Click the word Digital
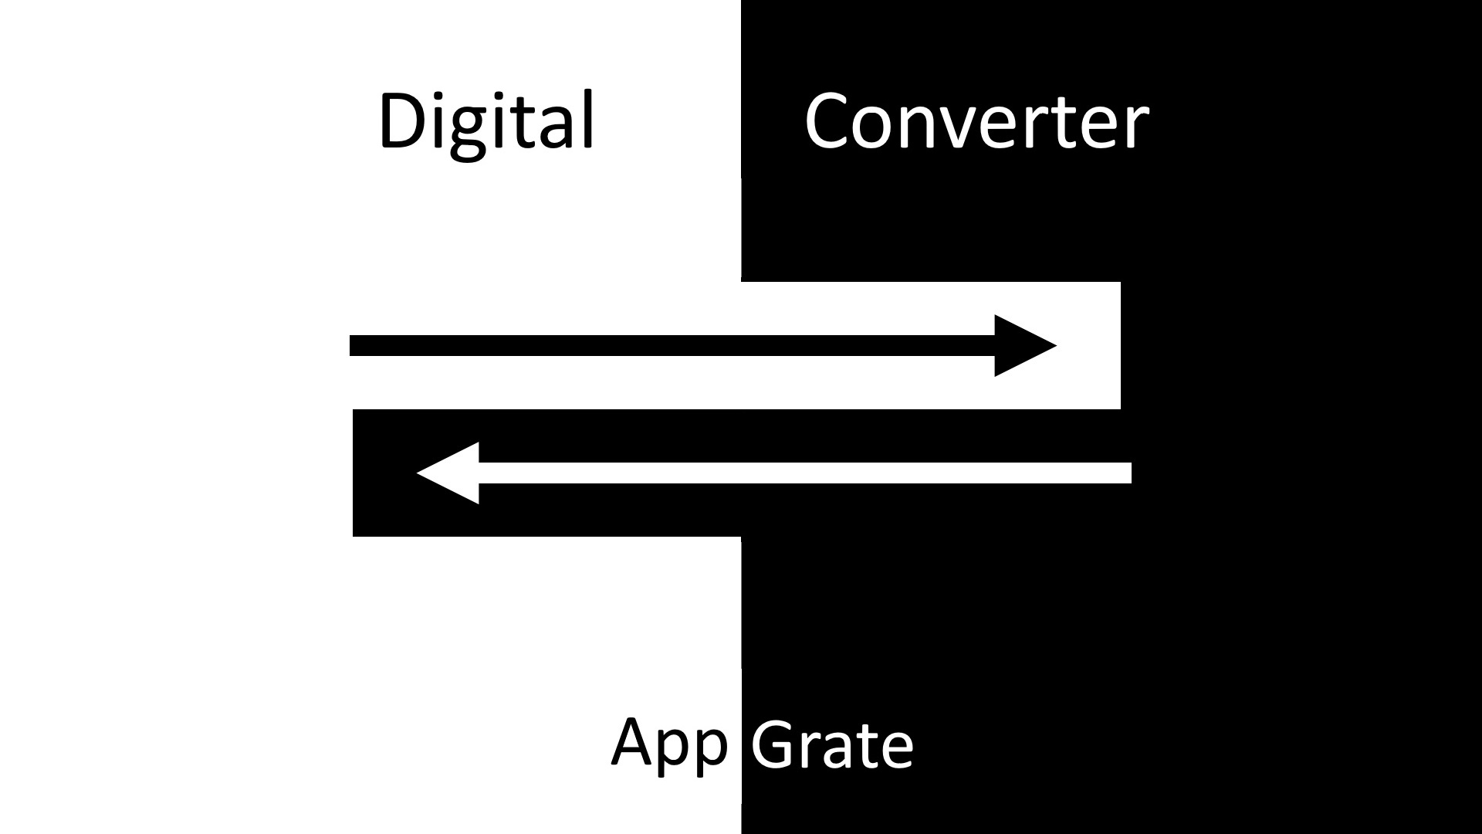pyautogui.click(x=486, y=122)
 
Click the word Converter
pyautogui.click(x=976, y=122)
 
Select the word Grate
pyautogui.click(x=832, y=744)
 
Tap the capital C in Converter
pyautogui.click(x=831, y=120)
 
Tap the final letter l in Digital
pyautogui.click(x=589, y=119)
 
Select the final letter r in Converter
pyautogui.click(x=1139, y=127)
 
